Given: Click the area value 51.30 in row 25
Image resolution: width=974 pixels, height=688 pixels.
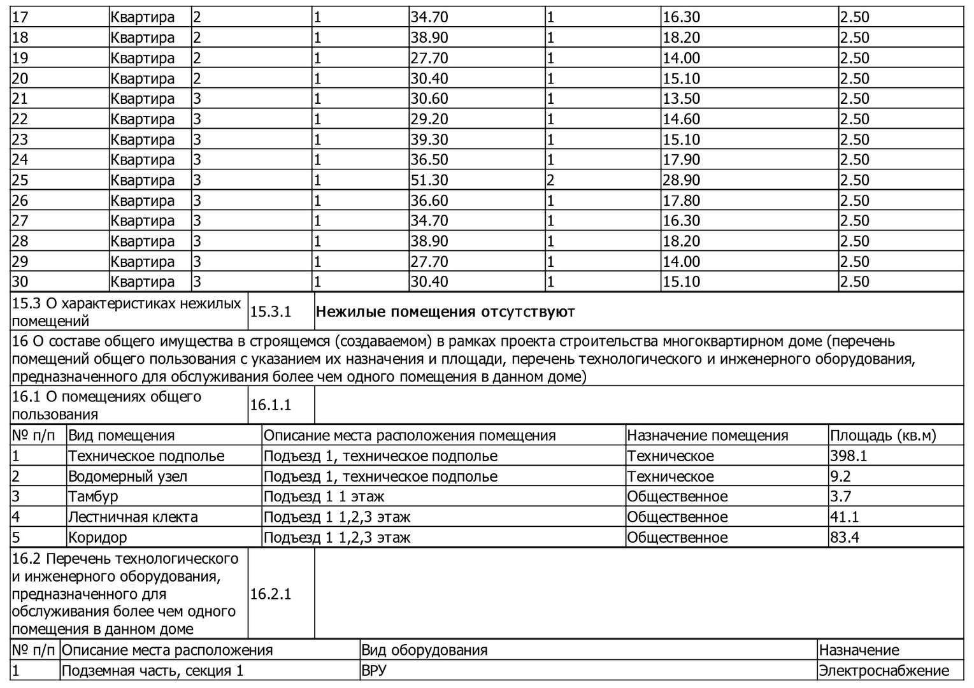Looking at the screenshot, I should click(x=429, y=180).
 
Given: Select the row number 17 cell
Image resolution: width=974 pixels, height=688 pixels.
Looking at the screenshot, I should click(x=20, y=17).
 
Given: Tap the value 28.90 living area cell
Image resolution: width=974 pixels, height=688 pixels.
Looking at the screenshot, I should click(x=681, y=180).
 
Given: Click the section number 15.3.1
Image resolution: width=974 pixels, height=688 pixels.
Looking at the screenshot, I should click(x=270, y=312).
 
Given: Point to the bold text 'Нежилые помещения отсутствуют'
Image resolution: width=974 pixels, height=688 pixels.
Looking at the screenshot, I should click(x=445, y=312).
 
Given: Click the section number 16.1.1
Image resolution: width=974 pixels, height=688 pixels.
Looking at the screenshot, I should click(x=270, y=405).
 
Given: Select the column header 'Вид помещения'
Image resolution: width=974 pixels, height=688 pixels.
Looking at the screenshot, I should click(x=121, y=436).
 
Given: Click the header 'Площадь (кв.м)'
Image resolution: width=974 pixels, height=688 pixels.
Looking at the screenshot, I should click(x=883, y=436).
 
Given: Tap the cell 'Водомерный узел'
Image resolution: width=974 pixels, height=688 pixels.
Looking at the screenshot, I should click(x=127, y=477).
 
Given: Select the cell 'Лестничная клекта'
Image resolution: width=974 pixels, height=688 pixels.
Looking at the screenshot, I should click(x=132, y=517).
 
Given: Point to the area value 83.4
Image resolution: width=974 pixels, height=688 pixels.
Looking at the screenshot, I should click(x=845, y=538).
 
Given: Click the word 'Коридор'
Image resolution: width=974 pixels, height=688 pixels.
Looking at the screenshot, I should click(x=97, y=538).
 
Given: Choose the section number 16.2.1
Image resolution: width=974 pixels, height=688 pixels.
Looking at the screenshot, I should click(x=270, y=594).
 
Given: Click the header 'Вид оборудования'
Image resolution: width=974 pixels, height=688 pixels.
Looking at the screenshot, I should click(x=424, y=650).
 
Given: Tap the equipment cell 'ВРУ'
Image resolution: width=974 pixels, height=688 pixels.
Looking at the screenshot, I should click(x=373, y=671).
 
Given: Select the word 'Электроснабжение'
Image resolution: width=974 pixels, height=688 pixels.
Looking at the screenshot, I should click(x=884, y=671).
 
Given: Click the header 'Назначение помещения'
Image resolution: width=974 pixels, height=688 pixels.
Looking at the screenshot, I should click(x=708, y=436).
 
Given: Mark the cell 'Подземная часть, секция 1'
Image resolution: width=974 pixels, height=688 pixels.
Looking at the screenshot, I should click(x=152, y=671).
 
